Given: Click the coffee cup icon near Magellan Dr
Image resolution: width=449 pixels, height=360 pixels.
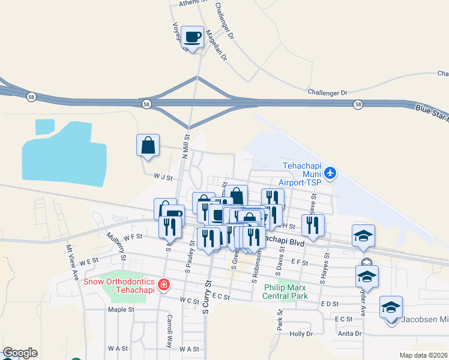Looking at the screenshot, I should pos(192,37).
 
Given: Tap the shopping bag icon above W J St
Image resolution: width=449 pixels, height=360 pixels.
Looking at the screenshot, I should pos(148,145).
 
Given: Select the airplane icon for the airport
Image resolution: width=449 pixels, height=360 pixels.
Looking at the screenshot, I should pos(330,174).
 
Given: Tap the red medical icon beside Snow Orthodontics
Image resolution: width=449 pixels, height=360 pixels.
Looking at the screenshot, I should pos(163,284).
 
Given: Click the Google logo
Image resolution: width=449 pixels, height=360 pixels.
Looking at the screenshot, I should pos(20,353).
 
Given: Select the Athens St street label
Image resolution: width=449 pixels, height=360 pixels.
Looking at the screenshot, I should pos(193,3).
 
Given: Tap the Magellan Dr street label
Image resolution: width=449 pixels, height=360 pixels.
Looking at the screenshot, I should pos(216,46).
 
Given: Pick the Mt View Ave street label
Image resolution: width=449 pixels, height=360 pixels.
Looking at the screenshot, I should pos(73,262).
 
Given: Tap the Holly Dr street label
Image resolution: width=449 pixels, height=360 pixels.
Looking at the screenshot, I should pos(301,334).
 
